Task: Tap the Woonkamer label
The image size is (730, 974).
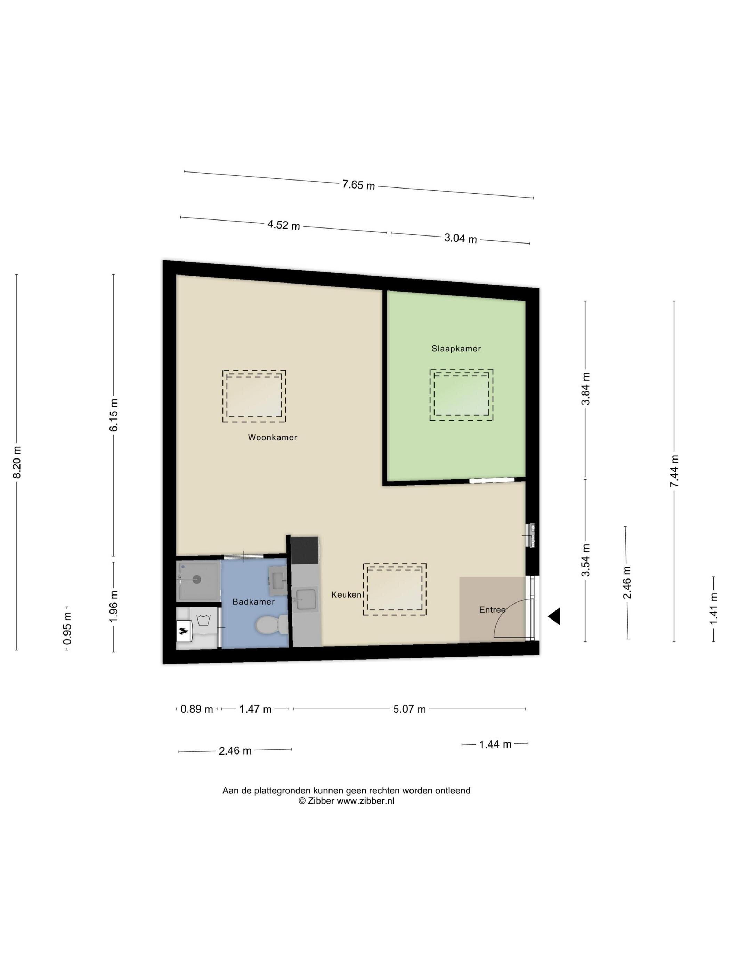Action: [x=273, y=437]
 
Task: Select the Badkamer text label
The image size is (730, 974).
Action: [x=253, y=602]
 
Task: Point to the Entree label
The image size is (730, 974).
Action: [x=492, y=610]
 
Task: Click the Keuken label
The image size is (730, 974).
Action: [x=346, y=595]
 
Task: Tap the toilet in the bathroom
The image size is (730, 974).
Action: [x=271, y=625]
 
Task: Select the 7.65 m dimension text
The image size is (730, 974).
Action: [x=359, y=185]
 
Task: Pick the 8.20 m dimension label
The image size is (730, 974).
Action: [x=17, y=462]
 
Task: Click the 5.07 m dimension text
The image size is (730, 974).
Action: [x=409, y=709]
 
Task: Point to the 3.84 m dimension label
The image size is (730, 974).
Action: [x=586, y=389]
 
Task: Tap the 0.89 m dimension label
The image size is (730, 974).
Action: [x=197, y=709]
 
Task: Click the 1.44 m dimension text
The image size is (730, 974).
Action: [x=495, y=744]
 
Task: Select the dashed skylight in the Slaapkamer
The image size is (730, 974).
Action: [x=461, y=394]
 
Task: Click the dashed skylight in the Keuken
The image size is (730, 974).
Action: [x=394, y=589]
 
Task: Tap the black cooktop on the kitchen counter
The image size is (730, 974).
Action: [x=305, y=550]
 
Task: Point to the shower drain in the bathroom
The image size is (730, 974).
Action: [x=197, y=580]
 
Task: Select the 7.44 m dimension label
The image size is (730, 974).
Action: [x=674, y=471]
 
